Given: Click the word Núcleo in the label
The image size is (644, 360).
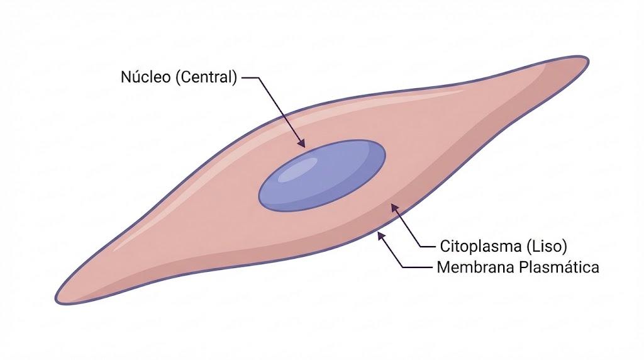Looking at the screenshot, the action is [x=145, y=76].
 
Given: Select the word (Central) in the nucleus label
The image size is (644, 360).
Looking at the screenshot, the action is [x=206, y=77].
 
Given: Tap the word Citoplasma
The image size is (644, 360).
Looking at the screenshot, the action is [x=480, y=246].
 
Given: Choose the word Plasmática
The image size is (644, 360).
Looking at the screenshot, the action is [x=559, y=267].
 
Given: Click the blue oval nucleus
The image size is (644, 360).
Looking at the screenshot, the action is [x=322, y=176].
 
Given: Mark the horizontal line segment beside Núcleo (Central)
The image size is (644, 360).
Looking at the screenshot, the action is [x=250, y=77].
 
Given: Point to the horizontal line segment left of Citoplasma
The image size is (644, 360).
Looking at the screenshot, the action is [x=427, y=247].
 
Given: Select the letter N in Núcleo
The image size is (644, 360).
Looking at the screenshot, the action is [x=126, y=77].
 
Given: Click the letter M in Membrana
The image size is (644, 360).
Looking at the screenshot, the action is [x=443, y=267].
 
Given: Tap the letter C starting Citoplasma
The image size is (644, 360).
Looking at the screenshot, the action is [x=445, y=247].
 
